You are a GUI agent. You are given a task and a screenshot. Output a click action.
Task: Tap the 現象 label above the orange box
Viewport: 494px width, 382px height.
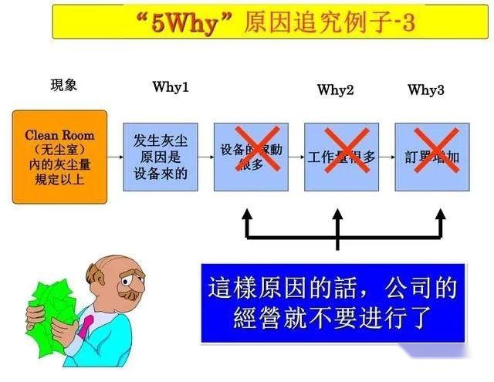pos(64,85)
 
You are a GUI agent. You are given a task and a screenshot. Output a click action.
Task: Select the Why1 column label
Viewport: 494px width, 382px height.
pos(171,86)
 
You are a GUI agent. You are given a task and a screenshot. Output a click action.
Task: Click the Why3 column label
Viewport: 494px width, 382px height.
pos(426,90)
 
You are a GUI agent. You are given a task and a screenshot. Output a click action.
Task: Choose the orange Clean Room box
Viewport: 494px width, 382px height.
pos(59,157)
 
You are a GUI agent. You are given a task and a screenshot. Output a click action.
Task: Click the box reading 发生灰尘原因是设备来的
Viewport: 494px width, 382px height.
pos(161,157)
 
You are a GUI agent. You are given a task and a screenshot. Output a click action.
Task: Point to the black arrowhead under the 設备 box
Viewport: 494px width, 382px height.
pos(247,214)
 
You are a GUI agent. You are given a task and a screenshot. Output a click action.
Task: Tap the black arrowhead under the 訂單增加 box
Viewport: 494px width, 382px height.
pos(440,214)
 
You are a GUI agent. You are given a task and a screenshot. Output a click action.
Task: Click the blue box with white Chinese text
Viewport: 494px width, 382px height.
pos(333,303)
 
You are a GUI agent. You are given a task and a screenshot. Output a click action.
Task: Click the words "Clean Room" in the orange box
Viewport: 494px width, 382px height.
pos(59,135)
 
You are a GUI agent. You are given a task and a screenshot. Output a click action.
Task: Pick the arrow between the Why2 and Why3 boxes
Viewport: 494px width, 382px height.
pos(387,157)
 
